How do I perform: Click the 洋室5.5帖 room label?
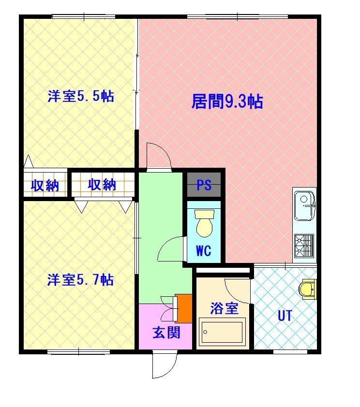80,96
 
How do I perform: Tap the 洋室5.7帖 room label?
80,280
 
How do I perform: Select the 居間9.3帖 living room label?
227,102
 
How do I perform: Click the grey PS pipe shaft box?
204,185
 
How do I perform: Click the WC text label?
203,251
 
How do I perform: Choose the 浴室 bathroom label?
224,308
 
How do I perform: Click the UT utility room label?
285,316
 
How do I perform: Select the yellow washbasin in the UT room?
307,290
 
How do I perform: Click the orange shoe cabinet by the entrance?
184,308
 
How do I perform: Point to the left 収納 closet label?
45,185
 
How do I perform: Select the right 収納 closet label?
102,184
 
